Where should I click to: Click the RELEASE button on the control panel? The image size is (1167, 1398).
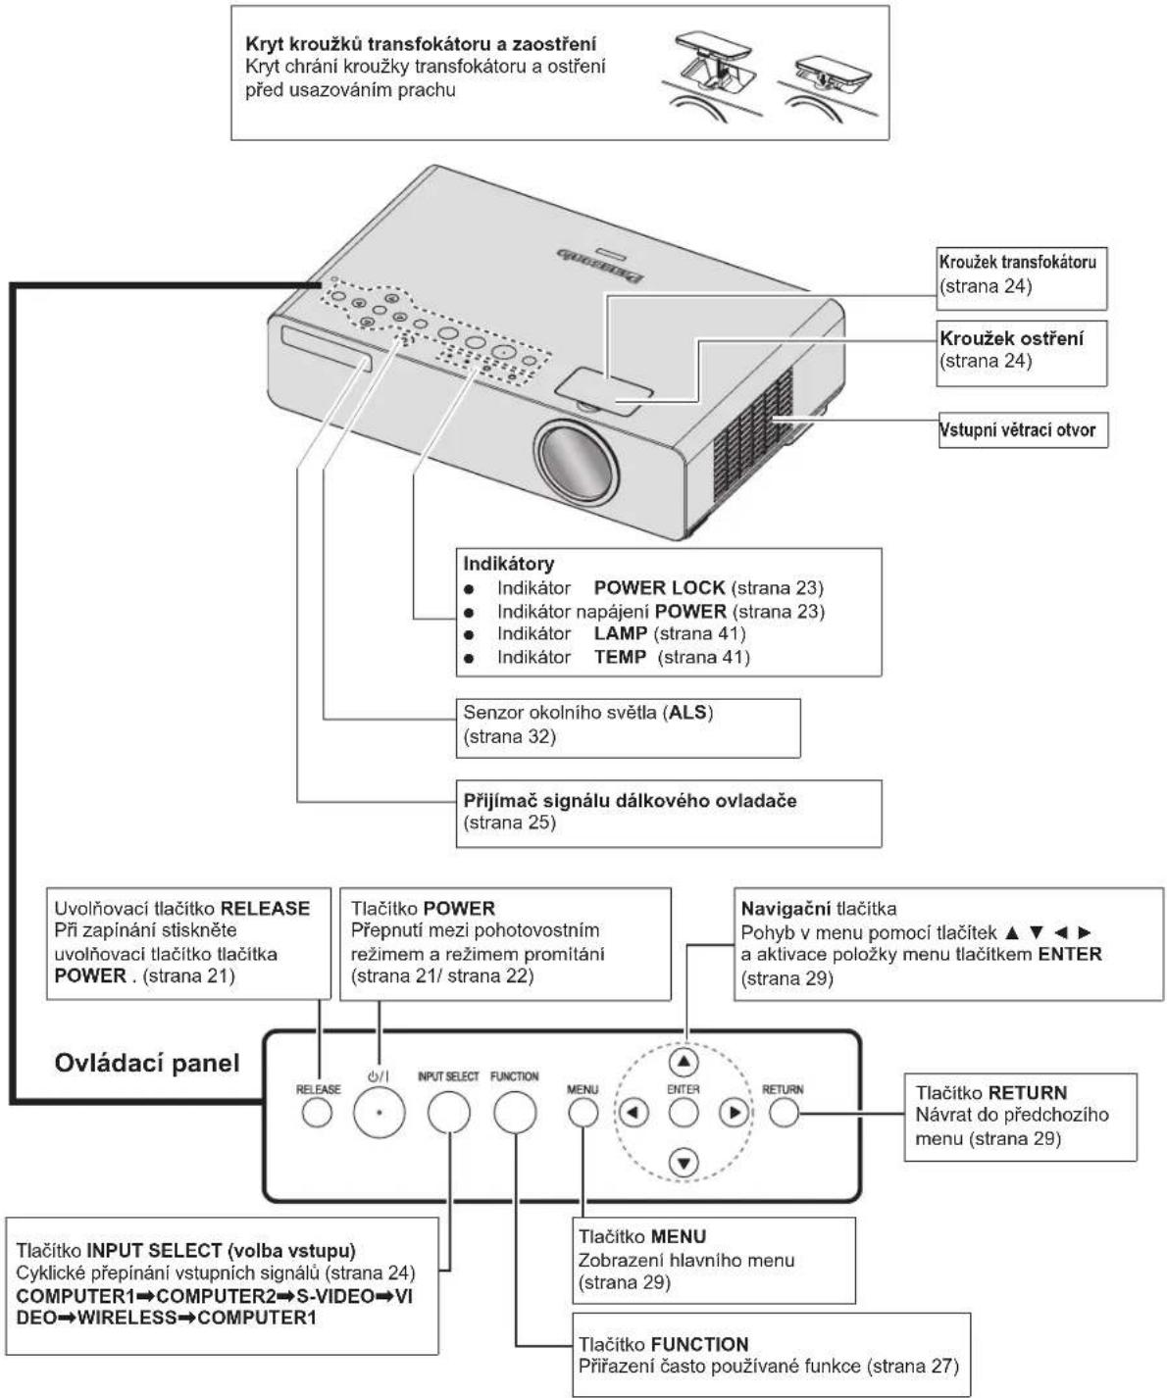(x=317, y=1113)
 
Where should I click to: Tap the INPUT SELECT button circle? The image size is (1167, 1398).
(x=448, y=1112)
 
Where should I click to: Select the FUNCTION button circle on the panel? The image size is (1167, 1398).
(x=515, y=1112)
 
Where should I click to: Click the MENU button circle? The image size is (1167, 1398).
(x=583, y=1113)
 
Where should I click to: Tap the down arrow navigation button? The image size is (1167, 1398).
(x=684, y=1163)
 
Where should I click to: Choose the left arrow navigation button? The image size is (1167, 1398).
(x=634, y=1113)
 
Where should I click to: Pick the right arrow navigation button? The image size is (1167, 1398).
(x=734, y=1113)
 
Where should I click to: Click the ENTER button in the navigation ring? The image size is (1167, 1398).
(x=684, y=1113)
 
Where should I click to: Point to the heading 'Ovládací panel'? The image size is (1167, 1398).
(x=147, y=1064)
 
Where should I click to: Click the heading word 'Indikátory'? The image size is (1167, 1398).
(x=508, y=563)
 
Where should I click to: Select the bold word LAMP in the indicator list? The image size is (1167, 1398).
(x=621, y=632)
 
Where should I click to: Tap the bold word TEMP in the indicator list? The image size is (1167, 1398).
(x=620, y=656)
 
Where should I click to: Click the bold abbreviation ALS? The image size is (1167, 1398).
(x=688, y=712)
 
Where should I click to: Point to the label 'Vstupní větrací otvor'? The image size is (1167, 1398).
(x=1018, y=429)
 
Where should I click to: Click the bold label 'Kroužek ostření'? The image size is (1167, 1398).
(x=1011, y=338)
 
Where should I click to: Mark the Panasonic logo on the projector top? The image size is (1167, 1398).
(x=600, y=267)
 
